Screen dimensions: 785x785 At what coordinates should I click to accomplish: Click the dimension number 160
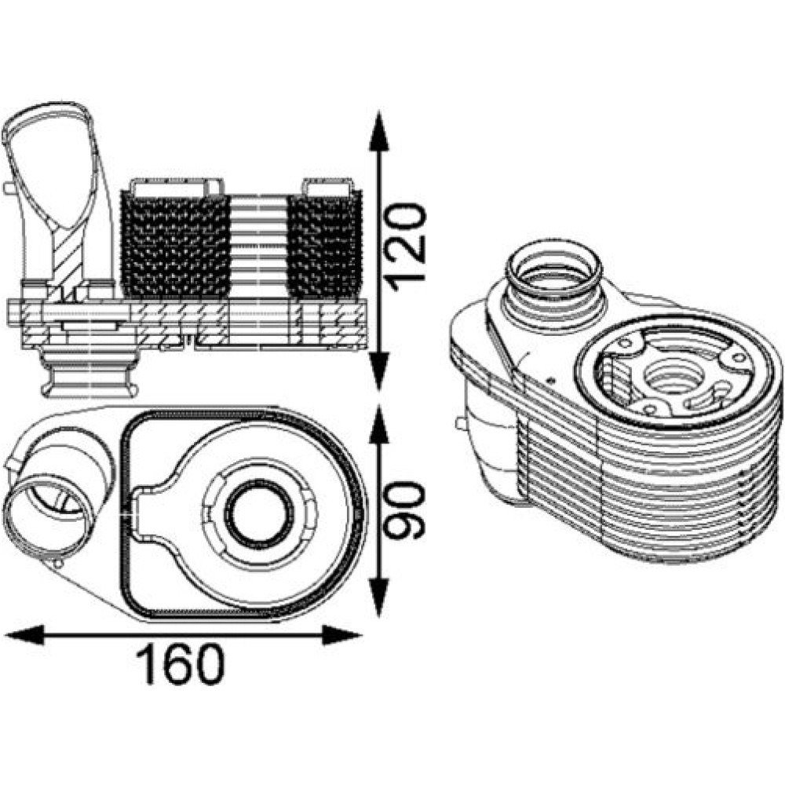(x=181, y=664)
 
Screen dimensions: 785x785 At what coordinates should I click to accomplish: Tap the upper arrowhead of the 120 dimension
(x=379, y=131)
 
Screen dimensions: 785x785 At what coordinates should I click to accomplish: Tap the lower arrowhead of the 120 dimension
(x=379, y=371)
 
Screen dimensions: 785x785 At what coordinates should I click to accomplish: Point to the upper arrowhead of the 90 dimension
(x=379, y=425)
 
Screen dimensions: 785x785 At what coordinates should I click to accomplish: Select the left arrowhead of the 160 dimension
(x=24, y=635)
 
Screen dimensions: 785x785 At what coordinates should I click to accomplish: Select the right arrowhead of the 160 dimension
(x=342, y=635)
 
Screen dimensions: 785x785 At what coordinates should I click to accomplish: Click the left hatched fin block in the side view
(x=176, y=244)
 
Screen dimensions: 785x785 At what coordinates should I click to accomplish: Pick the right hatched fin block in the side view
(x=324, y=244)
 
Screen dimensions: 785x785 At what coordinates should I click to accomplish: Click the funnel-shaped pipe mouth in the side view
(x=48, y=165)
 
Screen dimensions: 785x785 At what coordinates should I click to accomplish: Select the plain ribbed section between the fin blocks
(x=259, y=245)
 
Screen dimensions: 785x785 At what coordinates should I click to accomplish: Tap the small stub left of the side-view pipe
(x=9, y=188)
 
